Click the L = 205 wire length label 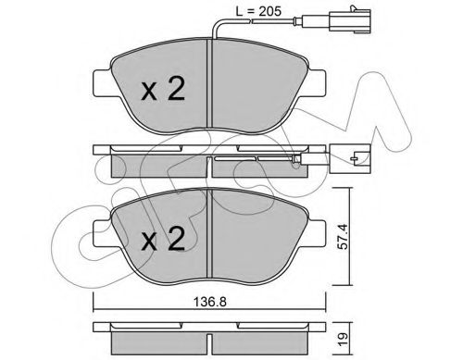[x=258, y=11]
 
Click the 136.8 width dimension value [x=210, y=302]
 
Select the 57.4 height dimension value [x=343, y=236]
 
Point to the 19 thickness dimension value [x=343, y=340]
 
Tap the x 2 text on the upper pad [x=163, y=89]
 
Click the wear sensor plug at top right [x=350, y=20]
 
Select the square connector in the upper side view [x=350, y=158]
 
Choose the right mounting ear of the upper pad [x=317, y=82]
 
